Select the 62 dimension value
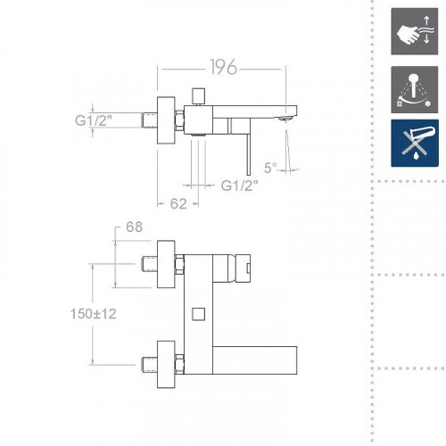coord(178,202)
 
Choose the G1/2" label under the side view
coord(238,186)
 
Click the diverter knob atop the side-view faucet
coord(199,97)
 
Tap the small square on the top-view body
coord(199,314)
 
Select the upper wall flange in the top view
coord(165,264)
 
